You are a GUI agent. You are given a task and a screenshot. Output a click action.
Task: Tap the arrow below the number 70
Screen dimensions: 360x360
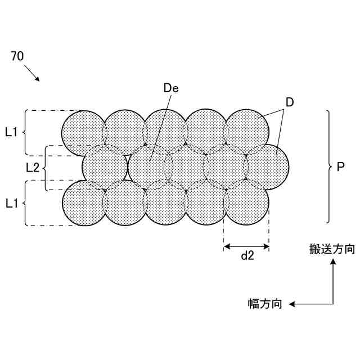click(32, 74)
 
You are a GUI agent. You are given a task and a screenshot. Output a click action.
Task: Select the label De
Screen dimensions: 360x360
click(170, 88)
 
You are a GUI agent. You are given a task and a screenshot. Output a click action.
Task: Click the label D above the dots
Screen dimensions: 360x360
click(290, 102)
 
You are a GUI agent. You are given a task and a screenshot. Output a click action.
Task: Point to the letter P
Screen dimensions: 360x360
click(340, 167)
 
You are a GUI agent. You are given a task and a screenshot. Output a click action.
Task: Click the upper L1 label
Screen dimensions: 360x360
click(12, 132)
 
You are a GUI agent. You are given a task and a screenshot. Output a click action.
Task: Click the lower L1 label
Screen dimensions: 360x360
click(12, 203)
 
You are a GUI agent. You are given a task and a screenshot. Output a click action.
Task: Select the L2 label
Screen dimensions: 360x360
click(33, 168)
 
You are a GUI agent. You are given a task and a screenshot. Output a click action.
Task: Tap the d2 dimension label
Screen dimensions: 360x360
click(247, 256)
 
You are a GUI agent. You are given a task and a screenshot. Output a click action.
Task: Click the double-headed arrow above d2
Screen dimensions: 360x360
click(246, 246)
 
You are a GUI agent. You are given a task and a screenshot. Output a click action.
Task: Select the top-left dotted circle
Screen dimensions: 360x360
click(84, 133)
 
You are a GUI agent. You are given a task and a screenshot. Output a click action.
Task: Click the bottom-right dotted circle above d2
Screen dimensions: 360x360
click(246, 203)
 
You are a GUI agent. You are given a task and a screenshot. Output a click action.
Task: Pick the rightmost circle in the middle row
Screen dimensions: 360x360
click(267, 168)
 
